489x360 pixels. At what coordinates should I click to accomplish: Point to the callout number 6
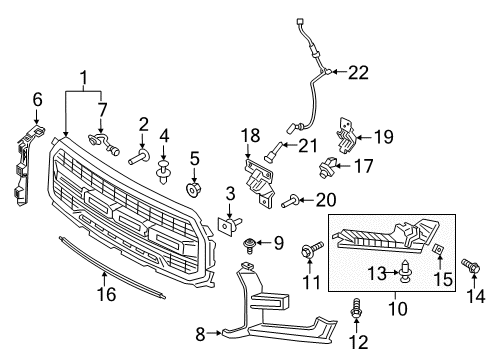pyautogui.click(x=38, y=99)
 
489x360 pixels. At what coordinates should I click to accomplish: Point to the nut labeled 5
pyautogui.click(x=195, y=188)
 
